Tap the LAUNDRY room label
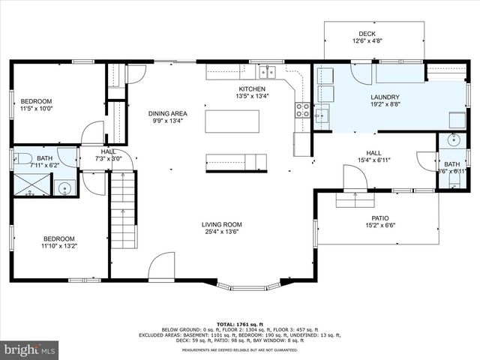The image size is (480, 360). (x=385, y=97)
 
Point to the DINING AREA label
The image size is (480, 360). (x=166, y=112)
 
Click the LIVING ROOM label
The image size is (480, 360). (x=221, y=224)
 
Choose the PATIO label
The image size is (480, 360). (x=380, y=217)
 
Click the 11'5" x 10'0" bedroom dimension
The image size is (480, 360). (x=35, y=109)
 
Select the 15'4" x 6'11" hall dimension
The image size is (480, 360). (x=373, y=159)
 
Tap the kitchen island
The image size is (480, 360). (x=232, y=121)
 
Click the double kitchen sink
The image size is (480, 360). (x=268, y=72)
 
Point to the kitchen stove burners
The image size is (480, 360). (x=302, y=111)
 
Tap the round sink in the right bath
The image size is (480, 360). (x=454, y=140)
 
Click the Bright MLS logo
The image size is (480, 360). (x=30, y=349)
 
